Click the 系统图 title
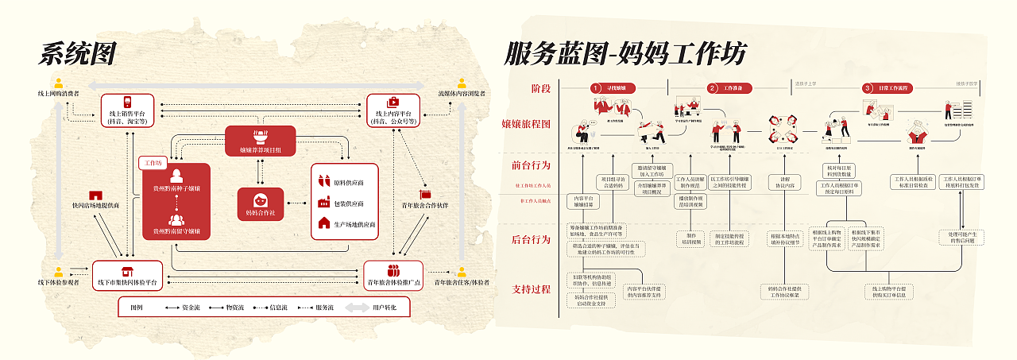coord(78,54)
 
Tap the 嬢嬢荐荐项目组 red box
coord(260,140)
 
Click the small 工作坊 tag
coord(151,163)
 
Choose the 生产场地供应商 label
coord(350,225)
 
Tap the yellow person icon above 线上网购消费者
coord(58,81)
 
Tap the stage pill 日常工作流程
coord(887,88)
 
